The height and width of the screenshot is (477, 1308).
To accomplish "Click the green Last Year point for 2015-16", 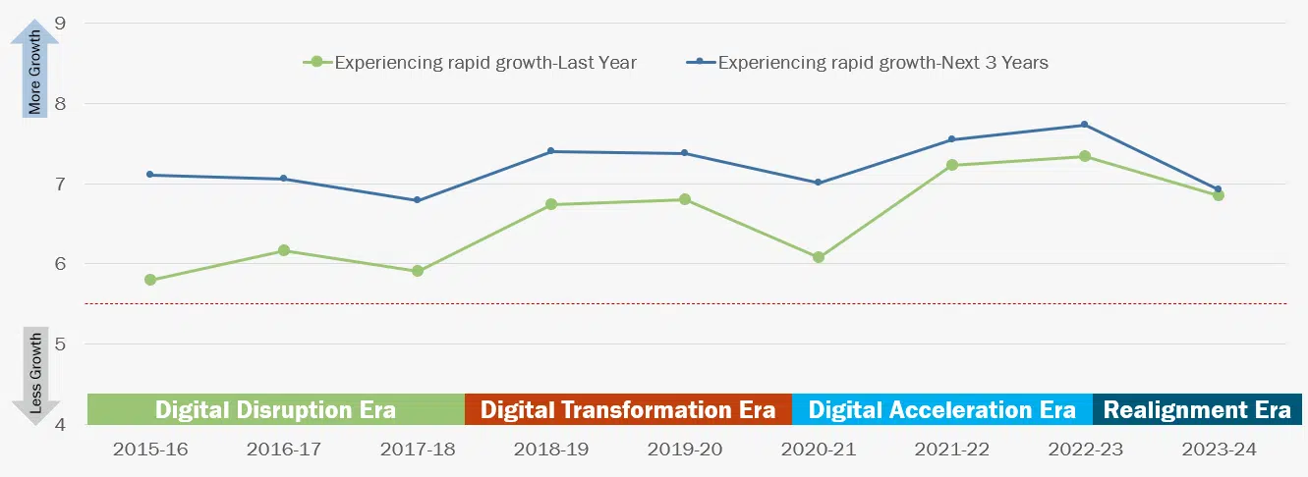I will [150, 280].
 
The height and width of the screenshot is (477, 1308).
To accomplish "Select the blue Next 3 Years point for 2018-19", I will [550, 151].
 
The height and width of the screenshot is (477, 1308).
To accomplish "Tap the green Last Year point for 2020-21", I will [818, 257].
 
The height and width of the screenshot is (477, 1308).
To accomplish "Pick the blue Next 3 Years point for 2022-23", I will [1084, 125].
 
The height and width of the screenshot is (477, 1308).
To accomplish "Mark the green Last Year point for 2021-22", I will [951, 165].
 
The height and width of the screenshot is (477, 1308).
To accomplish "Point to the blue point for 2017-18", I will [418, 200].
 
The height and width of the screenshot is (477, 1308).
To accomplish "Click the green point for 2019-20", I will [684, 199].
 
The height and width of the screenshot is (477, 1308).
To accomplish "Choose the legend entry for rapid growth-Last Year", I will [472, 63].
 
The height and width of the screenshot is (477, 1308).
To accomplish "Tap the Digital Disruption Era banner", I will [275, 409].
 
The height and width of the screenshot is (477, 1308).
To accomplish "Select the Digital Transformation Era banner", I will [628, 409].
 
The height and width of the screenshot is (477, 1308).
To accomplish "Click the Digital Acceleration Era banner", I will [941, 409].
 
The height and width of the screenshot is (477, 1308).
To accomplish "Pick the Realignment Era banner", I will [1197, 409].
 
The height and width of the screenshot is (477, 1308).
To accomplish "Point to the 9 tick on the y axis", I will [61, 23].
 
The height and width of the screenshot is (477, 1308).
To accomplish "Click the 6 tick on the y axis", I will [61, 264].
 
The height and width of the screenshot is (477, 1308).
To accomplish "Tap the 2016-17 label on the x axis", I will [284, 450].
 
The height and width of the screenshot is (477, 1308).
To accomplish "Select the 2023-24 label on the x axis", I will [1218, 450].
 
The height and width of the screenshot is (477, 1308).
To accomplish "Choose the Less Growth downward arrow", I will [35, 378].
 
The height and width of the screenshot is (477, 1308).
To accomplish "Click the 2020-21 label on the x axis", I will [818, 450].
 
